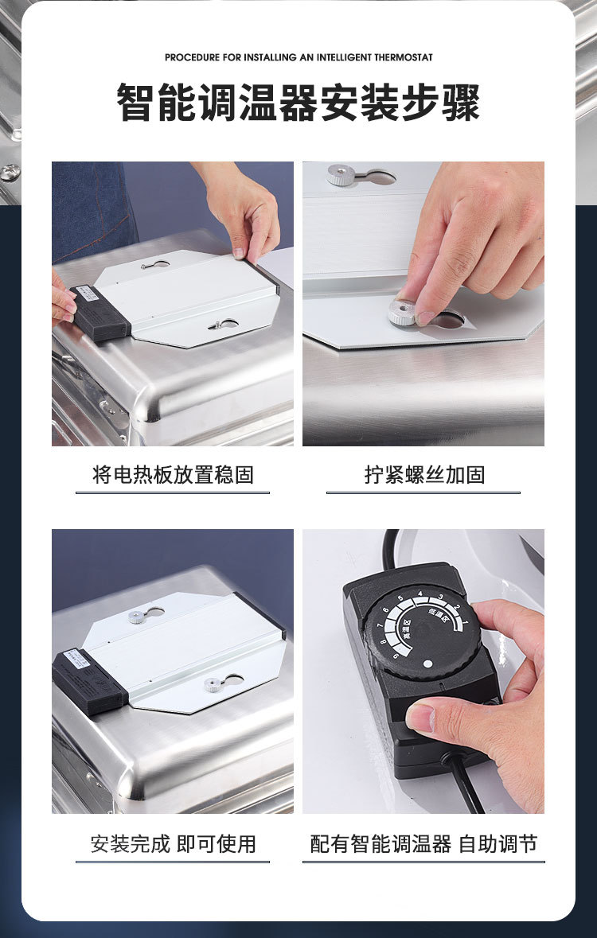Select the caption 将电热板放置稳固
coord(173,476)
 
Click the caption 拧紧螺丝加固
coord(423,476)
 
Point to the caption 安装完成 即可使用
coord(173,844)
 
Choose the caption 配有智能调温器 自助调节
coord(423,844)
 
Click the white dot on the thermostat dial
coord(427,663)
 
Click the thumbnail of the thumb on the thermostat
coord(419,717)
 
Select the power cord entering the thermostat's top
coord(390,549)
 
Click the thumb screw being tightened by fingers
coord(404,311)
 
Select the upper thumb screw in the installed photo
coord(138,615)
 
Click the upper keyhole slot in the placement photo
coord(154,264)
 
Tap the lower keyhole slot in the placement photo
coord(223,325)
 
